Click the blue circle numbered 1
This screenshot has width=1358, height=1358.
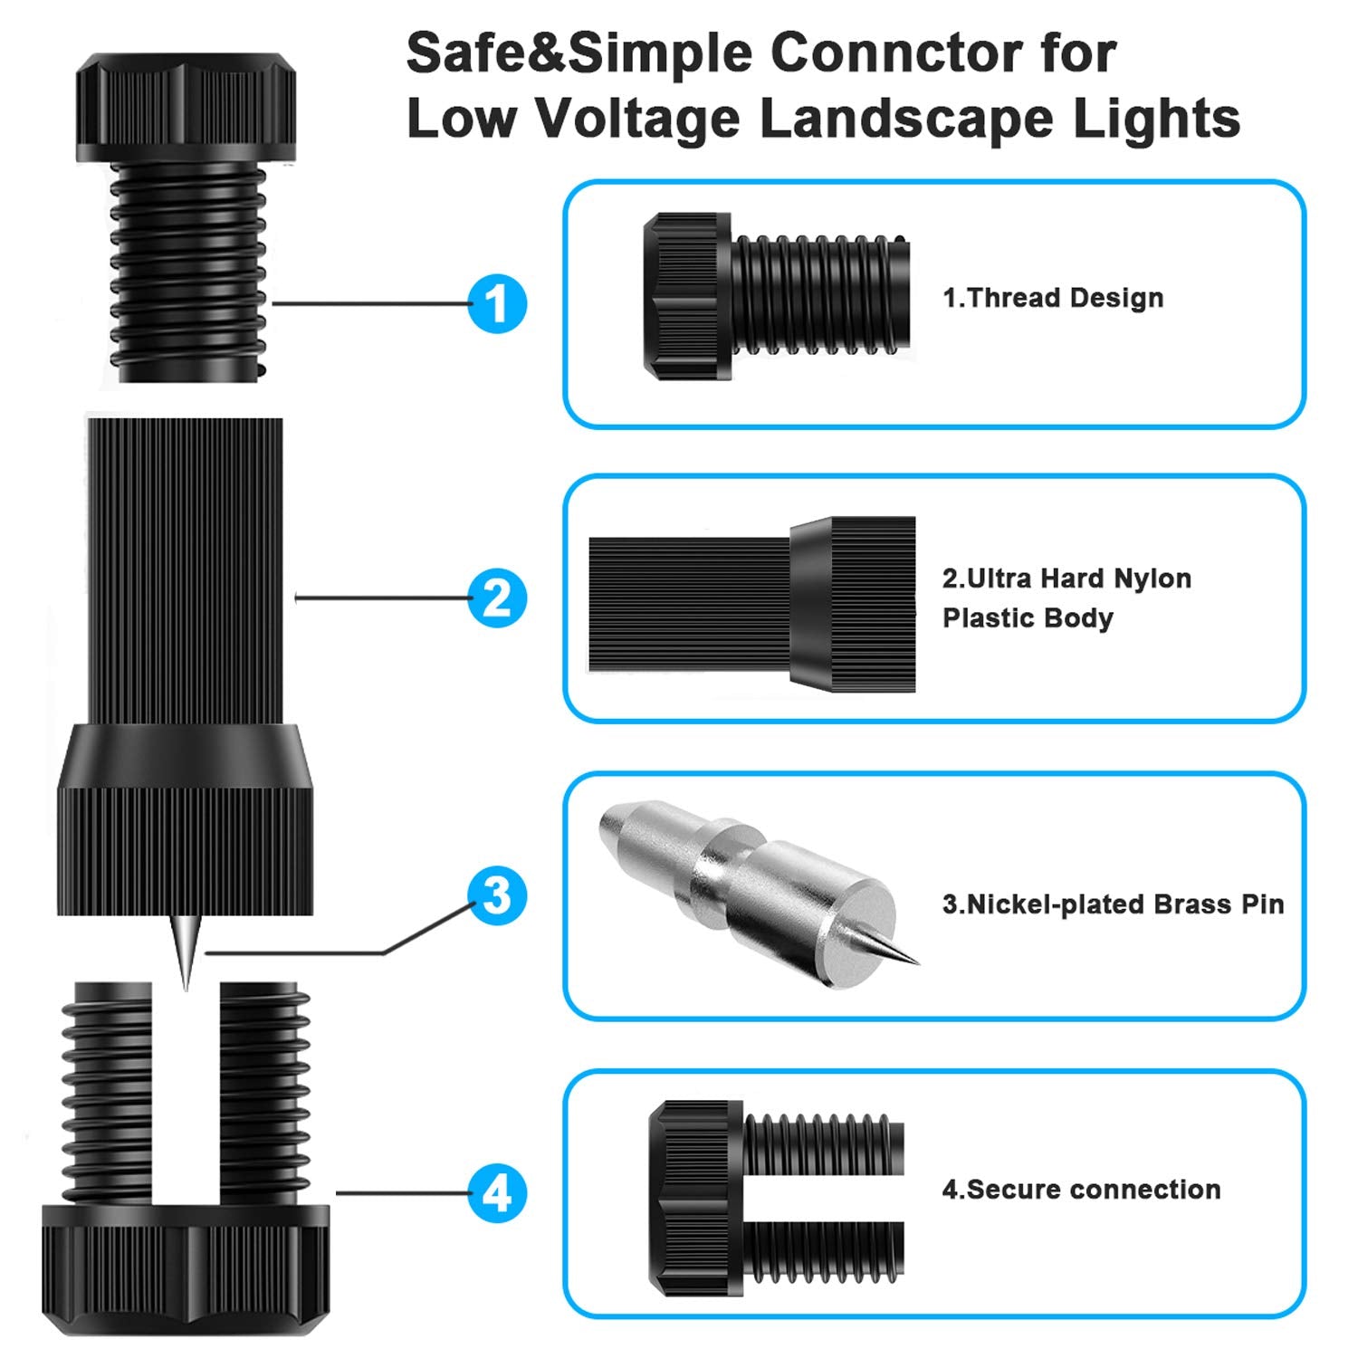coord(497,303)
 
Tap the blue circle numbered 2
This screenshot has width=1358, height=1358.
coord(497,598)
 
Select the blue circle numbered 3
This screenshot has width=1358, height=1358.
coord(497,895)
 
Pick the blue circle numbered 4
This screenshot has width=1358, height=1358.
coord(497,1193)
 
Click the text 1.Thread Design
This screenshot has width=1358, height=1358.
coord(1053,298)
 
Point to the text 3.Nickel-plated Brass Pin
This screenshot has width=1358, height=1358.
coord(1113,904)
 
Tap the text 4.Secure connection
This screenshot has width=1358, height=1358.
coord(1081,1189)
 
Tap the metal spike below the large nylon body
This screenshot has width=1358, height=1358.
coord(186,951)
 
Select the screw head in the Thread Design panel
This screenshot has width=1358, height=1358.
coord(685,296)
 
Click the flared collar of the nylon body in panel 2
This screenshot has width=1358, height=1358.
coord(851,604)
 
